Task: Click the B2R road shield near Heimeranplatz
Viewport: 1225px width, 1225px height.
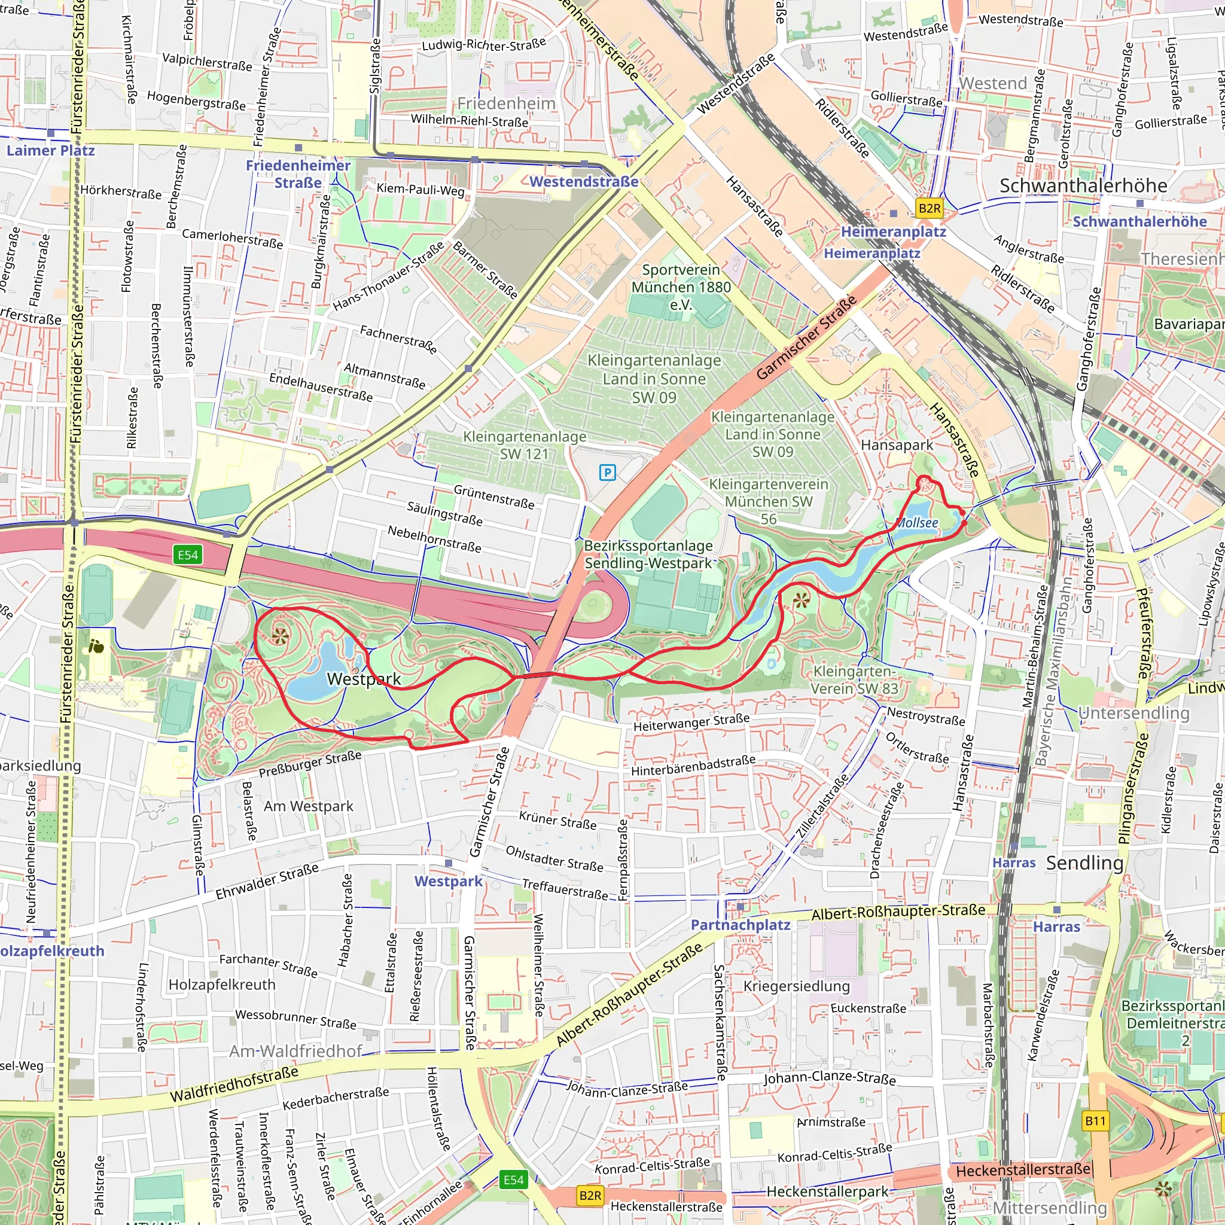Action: (929, 208)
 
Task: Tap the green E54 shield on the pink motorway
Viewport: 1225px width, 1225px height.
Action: (188, 556)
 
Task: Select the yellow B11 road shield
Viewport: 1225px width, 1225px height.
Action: (1095, 1121)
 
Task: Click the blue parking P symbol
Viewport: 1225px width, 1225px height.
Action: (608, 472)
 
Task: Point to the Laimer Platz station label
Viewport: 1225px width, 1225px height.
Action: (51, 151)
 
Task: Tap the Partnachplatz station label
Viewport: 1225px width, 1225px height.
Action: (740, 925)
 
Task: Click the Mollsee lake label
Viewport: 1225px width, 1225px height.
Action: (917, 523)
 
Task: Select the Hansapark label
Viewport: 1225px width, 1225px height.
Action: (897, 445)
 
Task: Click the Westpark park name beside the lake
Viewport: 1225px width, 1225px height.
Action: (364, 679)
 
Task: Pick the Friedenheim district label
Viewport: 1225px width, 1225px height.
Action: (506, 103)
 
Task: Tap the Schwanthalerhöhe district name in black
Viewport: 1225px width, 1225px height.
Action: (1083, 186)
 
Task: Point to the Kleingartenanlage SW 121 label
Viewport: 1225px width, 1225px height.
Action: (525, 445)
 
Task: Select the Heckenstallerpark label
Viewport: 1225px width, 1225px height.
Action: (827, 1192)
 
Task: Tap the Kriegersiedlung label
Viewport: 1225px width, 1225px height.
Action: (796, 986)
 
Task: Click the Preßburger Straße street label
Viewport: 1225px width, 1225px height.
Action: (310, 764)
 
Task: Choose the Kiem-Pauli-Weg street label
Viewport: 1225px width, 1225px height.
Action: (420, 189)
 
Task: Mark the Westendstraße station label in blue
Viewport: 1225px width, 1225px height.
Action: (584, 182)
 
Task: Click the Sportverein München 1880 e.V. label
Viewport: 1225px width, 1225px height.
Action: (681, 287)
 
